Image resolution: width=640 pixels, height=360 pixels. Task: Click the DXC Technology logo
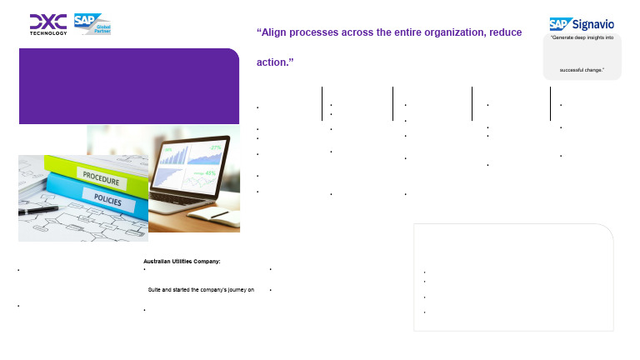click(48, 23)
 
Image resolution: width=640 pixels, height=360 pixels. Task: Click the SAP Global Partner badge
click(92, 23)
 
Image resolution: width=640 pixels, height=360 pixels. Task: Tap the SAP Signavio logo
click(582, 24)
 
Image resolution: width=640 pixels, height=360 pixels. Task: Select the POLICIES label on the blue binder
click(103, 202)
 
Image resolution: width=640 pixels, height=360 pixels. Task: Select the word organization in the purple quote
click(433, 32)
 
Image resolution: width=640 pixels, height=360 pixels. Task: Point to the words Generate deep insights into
click(582, 38)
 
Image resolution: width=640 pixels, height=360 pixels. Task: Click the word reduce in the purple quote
click(505, 32)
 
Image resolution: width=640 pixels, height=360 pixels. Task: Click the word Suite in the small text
click(156, 289)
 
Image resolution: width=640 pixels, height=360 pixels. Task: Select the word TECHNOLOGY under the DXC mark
click(48, 32)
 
